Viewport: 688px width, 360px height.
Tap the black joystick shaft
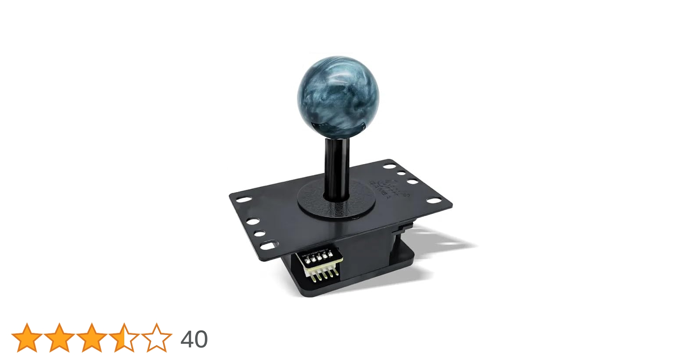[337, 166]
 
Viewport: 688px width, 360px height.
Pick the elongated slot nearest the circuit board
[269, 246]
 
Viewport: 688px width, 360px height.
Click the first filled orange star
[27, 338]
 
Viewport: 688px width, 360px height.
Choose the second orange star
[59, 338]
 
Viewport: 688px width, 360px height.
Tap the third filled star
[91, 338]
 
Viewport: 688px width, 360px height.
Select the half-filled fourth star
[124, 338]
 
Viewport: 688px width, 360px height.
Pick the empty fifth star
[156, 338]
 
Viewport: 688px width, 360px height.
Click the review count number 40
[194, 339]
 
